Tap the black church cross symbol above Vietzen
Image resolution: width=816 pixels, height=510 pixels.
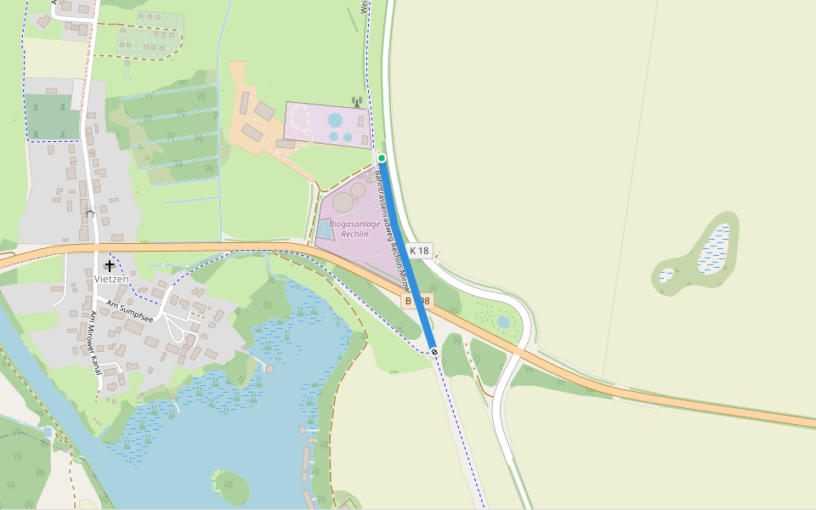(110, 265)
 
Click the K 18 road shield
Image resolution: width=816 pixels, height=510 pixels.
(420, 251)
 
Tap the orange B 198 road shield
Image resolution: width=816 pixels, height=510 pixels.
(417, 301)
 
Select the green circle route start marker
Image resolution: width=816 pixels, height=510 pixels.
(382, 158)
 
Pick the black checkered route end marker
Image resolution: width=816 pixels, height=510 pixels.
(434, 351)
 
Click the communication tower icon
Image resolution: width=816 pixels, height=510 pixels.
(356, 101)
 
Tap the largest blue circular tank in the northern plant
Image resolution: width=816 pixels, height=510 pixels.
(336, 121)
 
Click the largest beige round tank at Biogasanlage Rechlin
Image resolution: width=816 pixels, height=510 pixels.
(343, 202)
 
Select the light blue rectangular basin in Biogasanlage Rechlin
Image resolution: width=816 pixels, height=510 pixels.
(324, 229)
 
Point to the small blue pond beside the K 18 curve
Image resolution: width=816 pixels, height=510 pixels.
(504, 322)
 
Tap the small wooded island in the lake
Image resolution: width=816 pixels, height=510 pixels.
(231, 486)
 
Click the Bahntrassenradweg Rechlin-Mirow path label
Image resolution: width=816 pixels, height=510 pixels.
(393, 229)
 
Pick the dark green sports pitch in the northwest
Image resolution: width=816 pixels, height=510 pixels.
(52, 116)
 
